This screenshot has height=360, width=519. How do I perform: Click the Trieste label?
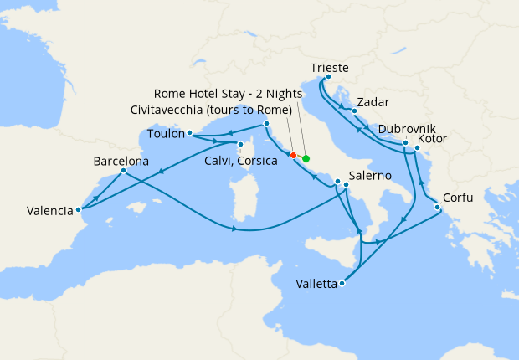pyautogui.click(x=329, y=68)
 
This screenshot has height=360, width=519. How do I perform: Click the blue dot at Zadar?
pyautogui.click(x=355, y=111)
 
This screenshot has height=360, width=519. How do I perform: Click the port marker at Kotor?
pyautogui.click(x=417, y=147)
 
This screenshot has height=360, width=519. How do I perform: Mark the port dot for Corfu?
pyautogui.click(x=437, y=208)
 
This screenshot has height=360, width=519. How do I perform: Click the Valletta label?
pyautogui.click(x=316, y=284)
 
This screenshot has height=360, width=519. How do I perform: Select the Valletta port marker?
pyautogui.click(x=342, y=284)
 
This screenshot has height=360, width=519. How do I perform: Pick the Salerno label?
pyautogui.click(x=371, y=176)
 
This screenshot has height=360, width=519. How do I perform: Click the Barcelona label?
pyautogui.click(x=121, y=161)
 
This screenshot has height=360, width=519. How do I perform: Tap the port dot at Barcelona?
pyautogui.click(x=123, y=172)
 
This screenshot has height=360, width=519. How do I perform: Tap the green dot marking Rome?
pyautogui.click(x=306, y=158)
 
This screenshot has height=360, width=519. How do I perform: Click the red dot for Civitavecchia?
pyautogui.click(x=293, y=155)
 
